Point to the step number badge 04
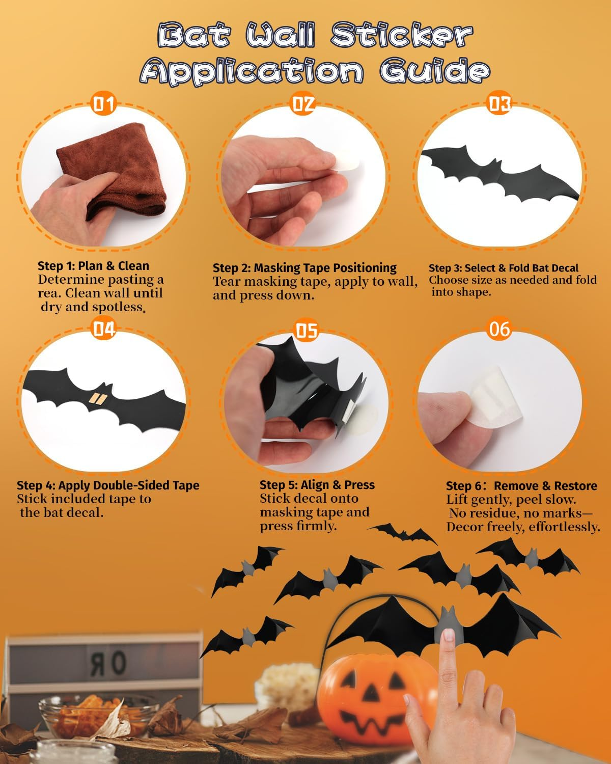[104, 330]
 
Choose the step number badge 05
[307, 331]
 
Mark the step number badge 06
[499, 329]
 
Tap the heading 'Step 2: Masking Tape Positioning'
[304, 268]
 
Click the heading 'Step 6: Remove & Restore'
[521, 485]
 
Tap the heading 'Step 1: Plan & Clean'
[93, 265]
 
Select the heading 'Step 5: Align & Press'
[317, 485]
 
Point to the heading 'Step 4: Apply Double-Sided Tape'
[108, 485]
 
